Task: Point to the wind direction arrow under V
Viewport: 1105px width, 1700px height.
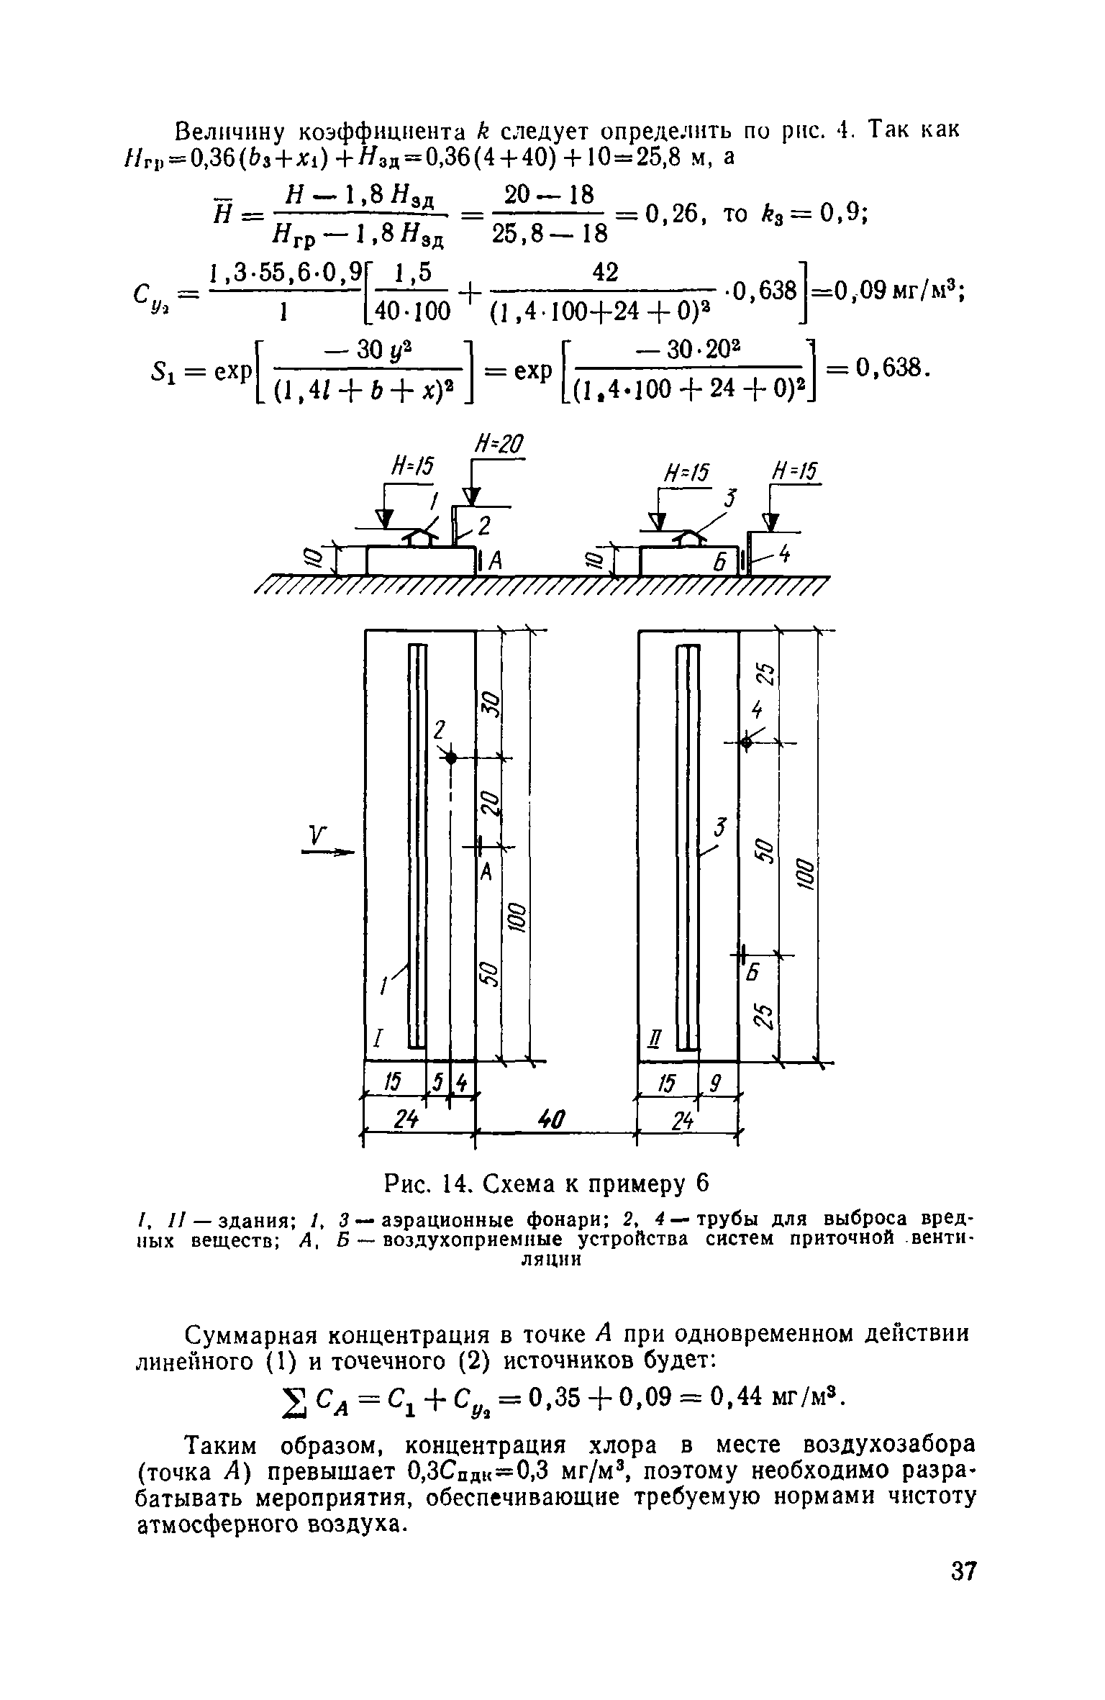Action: pos(328,853)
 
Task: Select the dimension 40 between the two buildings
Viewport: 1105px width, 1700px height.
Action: pos(552,1119)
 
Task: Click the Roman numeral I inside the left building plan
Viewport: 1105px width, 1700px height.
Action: pos(378,1038)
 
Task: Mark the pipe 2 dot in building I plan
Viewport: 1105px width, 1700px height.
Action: pos(451,757)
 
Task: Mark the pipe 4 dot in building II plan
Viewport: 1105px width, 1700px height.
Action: pos(746,742)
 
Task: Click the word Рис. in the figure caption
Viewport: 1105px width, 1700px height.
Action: pos(409,1182)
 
